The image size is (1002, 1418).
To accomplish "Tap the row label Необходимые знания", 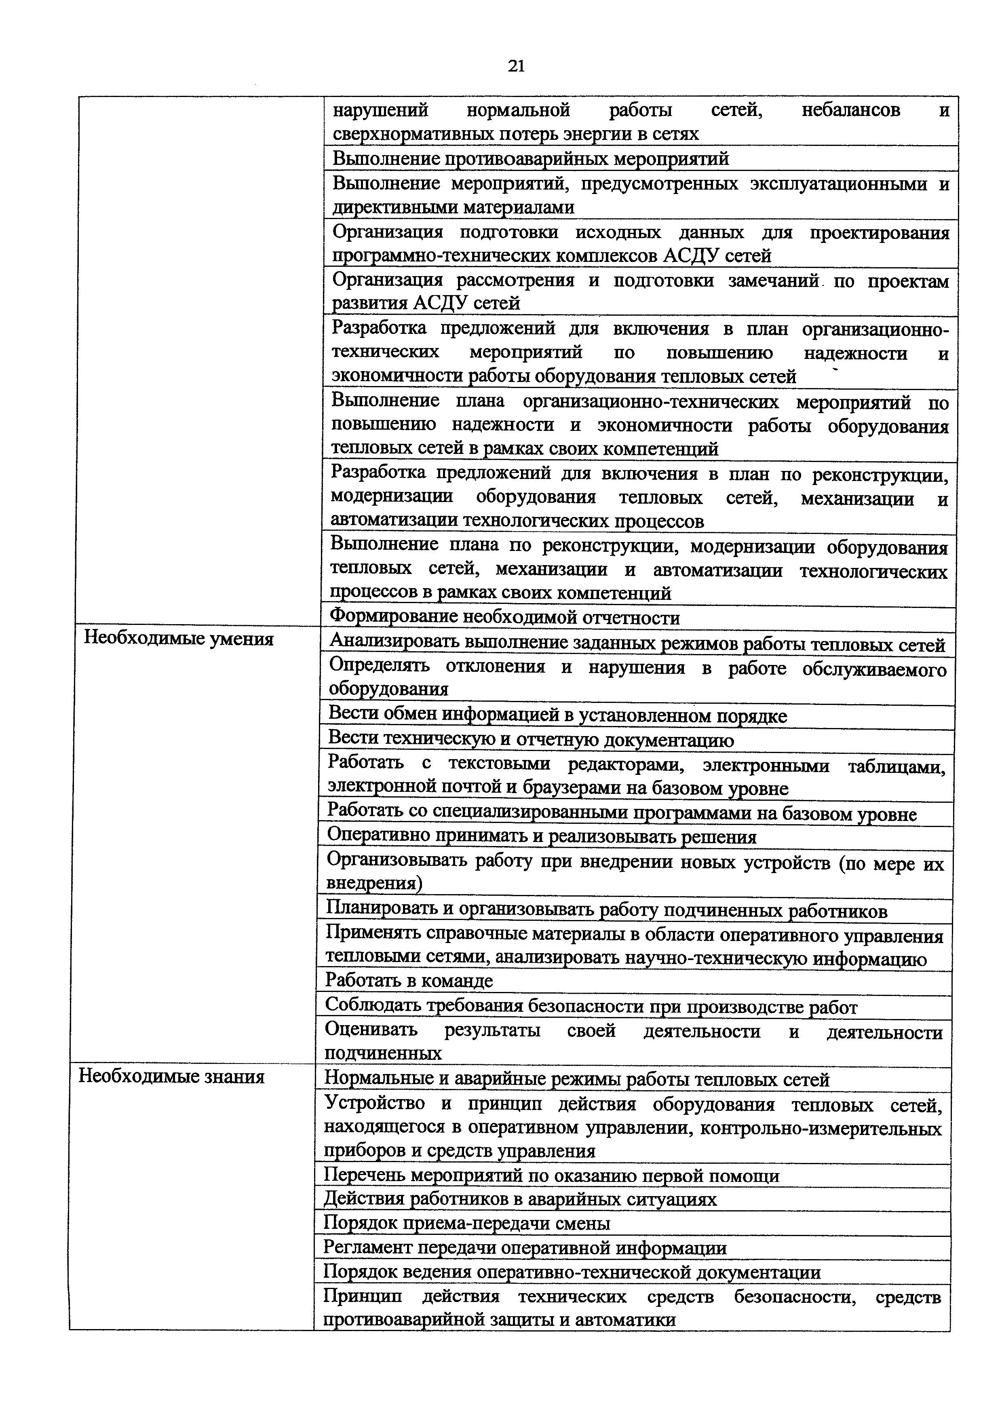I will click(x=172, y=1076).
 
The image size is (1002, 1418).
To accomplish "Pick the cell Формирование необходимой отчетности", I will click(x=504, y=617).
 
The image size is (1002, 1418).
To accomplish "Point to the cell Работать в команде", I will click(x=409, y=980).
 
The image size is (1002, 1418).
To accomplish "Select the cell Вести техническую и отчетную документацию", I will click(x=531, y=739).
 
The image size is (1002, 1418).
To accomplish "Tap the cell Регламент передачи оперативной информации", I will click(x=525, y=1247).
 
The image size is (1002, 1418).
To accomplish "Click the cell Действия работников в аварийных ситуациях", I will click(x=521, y=1199).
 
